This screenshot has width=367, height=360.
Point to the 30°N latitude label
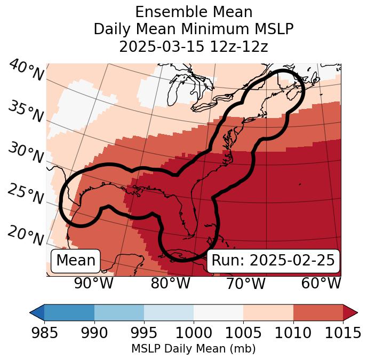coord(25,153)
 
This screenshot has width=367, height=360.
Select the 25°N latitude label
coord(25,194)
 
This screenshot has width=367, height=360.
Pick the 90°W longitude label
coord(94,283)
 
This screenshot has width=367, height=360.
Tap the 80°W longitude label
coord(170,283)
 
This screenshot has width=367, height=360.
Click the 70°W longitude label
coord(245,283)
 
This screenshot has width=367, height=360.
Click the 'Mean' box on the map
coord(76,261)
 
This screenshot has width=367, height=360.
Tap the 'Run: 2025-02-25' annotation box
coord(273,261)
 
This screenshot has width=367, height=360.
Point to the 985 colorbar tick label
coord(44,333)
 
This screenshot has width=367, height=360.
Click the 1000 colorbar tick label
coord(194,333)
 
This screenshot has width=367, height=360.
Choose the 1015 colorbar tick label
coord(342,333)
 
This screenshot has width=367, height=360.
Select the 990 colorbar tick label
coord(94,333)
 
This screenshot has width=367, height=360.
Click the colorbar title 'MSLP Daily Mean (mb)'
coord(194,349)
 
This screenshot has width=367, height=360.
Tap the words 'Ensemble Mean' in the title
coord(194,12)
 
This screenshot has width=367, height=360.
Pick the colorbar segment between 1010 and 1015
coord(318,312)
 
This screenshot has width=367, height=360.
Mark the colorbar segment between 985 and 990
coord(69,312)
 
